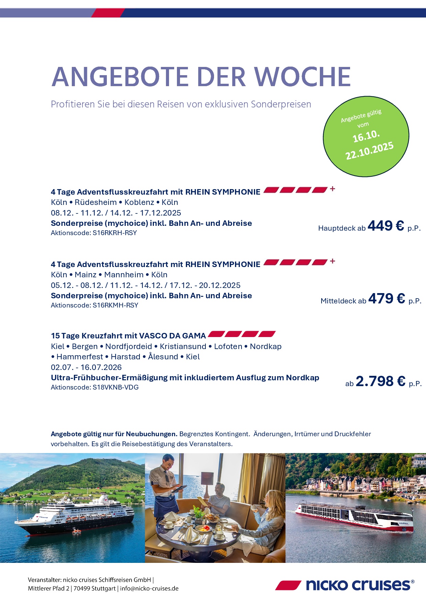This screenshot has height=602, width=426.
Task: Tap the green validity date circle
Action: point(366,136)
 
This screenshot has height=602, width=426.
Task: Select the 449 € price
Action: point(385,226)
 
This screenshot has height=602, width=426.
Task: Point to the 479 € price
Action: point(386,299)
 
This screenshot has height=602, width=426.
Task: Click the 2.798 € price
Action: point(380,381)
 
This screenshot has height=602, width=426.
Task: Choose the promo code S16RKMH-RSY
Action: point(115,305)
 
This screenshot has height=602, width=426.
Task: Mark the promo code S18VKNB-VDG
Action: point(116,387)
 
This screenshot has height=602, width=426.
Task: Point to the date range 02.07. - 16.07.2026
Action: point(86,367)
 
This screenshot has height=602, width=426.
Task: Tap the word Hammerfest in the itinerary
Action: point(80,357)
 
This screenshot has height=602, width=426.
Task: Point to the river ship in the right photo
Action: point(354,515)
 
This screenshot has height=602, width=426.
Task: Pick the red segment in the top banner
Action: point(108,13)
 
